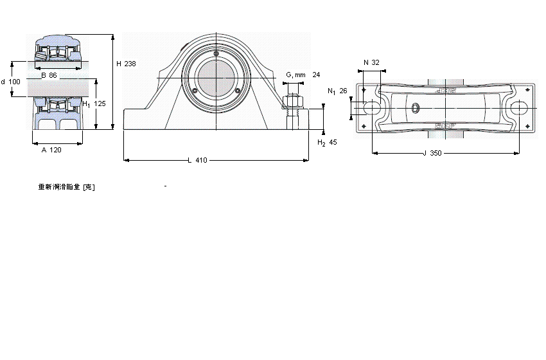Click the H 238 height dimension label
[x=126, y=64]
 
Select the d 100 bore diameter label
[x=11, y=82]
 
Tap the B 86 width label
[x=49, y=75]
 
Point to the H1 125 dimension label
[x=94, y=104]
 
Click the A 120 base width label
[x=51, y=150]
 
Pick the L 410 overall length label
[x=197, y=160]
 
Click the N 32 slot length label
[x=371, y=62]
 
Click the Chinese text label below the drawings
[x=67, y=187]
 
